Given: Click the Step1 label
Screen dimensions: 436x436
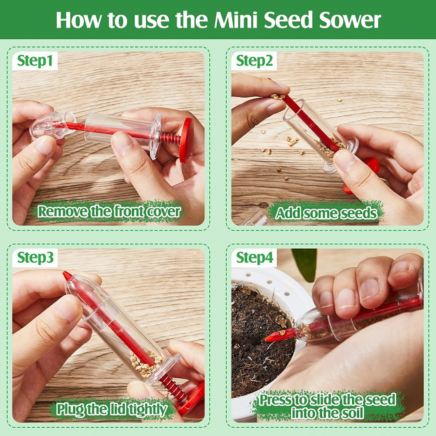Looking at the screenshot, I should tap(37, 61).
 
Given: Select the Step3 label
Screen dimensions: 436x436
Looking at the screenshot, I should tap(37, 258).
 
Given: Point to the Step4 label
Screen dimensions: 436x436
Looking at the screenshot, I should tap(255, 258).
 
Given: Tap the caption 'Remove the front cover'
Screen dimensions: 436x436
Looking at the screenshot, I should tap(109, 212).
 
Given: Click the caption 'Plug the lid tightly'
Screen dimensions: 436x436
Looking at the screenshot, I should tap(112, 409).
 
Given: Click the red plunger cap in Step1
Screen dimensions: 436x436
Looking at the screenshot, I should tap(186, 140).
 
